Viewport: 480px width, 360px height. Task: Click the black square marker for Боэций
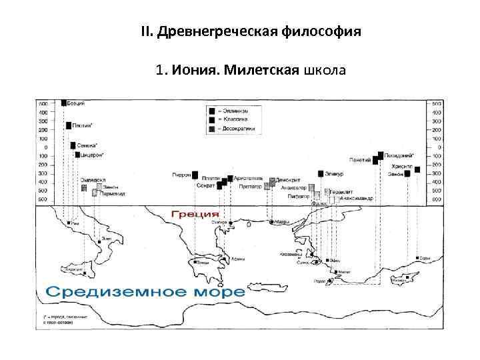(x=63, y=103)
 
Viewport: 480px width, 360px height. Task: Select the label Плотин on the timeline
(x=83, y=125)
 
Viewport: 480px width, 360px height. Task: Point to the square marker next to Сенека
(x=73, y=145)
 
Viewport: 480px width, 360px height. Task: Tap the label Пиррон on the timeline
(x=181, y=174)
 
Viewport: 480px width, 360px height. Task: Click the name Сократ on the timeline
(x=205, y=186)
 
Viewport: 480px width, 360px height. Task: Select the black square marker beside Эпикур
(x=321, y=174)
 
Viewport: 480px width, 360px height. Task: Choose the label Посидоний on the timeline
(x=399, y=154)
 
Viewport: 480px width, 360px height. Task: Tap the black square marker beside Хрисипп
(x=417, y=169)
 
